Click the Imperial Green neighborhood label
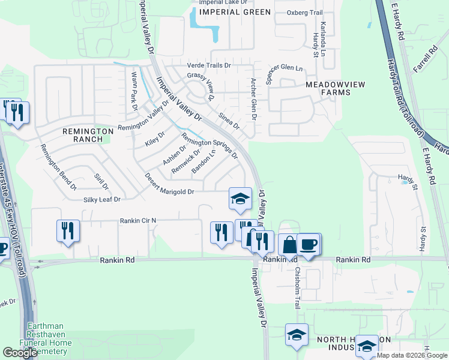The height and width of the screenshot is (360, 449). click(x=232, y=11)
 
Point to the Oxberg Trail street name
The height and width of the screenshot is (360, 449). click(x=305, y=13)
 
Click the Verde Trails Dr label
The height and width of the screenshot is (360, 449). click(x=209, y=65)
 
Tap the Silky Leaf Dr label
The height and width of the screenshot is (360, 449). click(x=102, y=199)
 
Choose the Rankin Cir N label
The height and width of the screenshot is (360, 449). click(x=138, y=220)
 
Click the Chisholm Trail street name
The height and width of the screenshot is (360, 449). click(x=297, y=287)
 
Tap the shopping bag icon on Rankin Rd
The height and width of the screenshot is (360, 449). click(x=289, y=245)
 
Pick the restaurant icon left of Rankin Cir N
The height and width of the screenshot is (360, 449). click(x=68, y=230)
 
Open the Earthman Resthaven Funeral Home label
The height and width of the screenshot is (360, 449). click(x=49, y=338)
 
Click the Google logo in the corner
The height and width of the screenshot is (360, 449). click(x=20, y=353)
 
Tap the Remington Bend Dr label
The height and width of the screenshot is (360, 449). click(x=58, y=167)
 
